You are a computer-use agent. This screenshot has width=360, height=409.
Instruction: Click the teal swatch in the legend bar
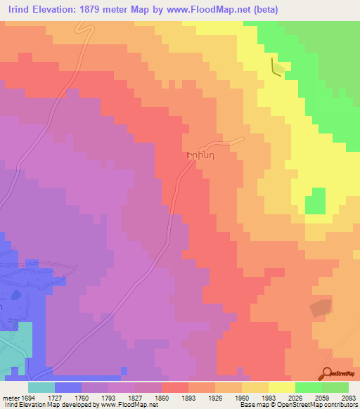[x=41, y=387]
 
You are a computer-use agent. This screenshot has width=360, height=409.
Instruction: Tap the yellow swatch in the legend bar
[x=282, y=387]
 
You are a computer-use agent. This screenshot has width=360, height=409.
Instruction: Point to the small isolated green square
[x=319, y=200]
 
